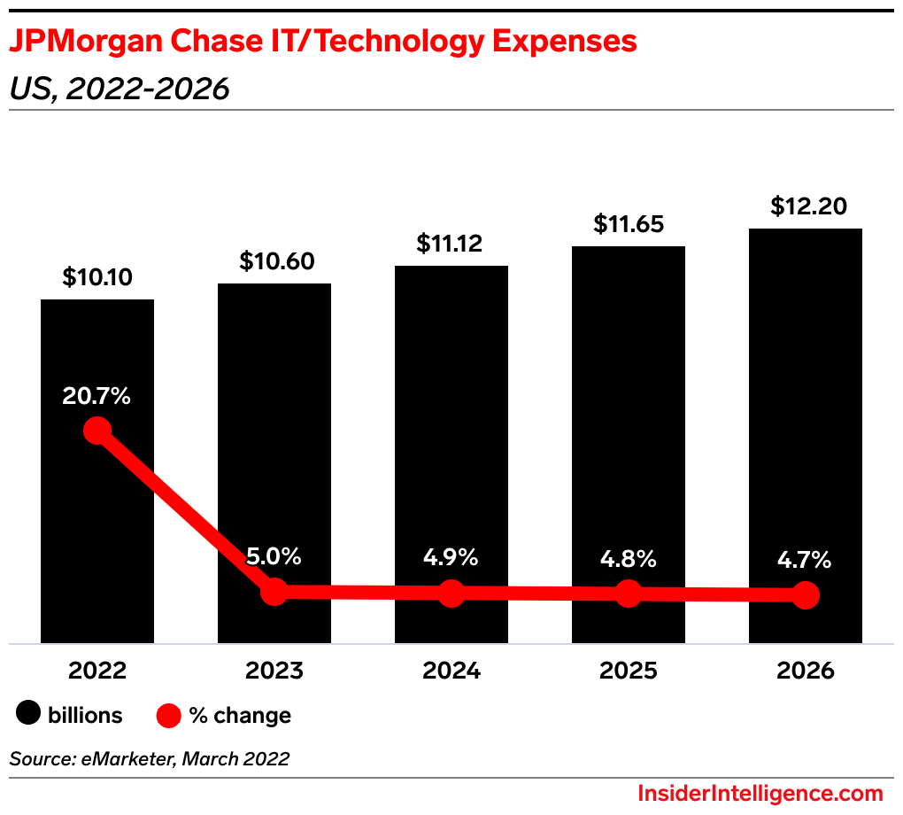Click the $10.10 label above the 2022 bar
[x=97, y=277]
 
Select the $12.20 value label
[x=806, y=206]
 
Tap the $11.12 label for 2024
[x=451, y=244]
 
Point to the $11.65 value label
[x=629, y=224]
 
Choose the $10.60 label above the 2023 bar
[x=274, y=261]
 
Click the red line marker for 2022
[x=97, y=431]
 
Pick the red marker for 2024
[x=451, y=594]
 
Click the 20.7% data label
[x=96, y=396]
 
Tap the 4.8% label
[x=629, y=559]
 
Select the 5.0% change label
[x=274, y=557]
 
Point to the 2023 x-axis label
[x=274, y=671]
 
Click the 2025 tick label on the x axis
[x=629, y=671]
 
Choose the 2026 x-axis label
[x=806, y=671]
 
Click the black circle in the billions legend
[x=28, y=714]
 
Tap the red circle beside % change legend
[x=168, y=715]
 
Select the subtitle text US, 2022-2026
[x=120, y=89]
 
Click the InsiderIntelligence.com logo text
[x=760, y=793]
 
